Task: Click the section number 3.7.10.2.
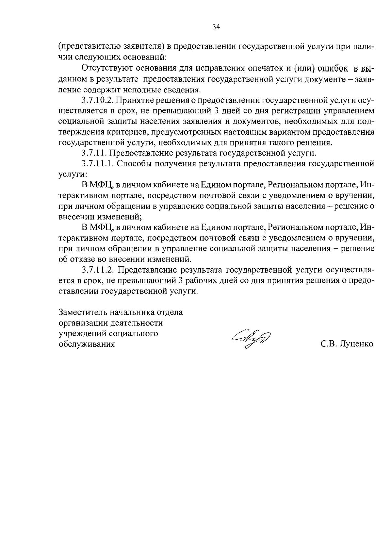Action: [96, 100]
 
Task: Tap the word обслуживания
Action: [87, 344]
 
